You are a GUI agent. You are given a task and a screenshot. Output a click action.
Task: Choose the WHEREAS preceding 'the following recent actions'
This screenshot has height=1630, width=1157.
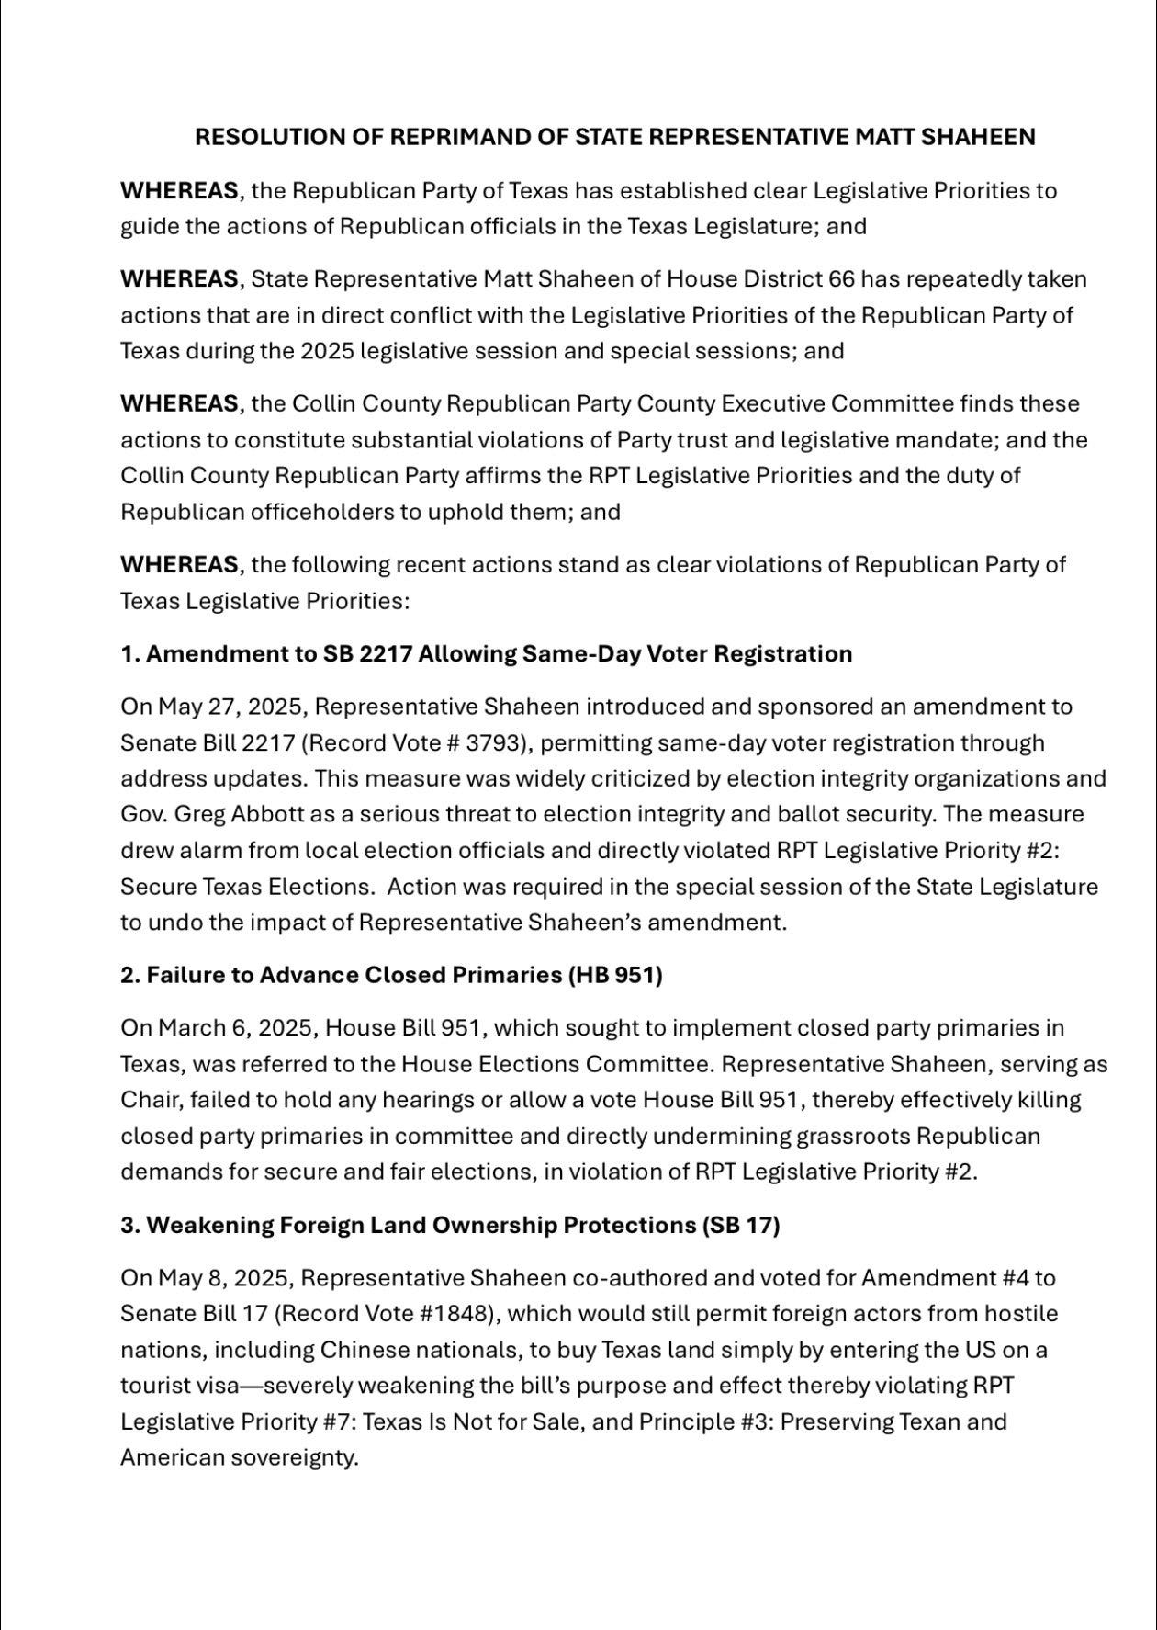coord(179,564)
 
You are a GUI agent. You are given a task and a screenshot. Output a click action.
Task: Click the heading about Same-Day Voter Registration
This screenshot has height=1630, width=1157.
coord(487,653)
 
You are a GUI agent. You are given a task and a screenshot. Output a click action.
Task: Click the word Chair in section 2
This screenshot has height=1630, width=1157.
coord(148,1100)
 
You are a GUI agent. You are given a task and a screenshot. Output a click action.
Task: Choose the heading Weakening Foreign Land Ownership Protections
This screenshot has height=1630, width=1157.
coord(450,1225)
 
